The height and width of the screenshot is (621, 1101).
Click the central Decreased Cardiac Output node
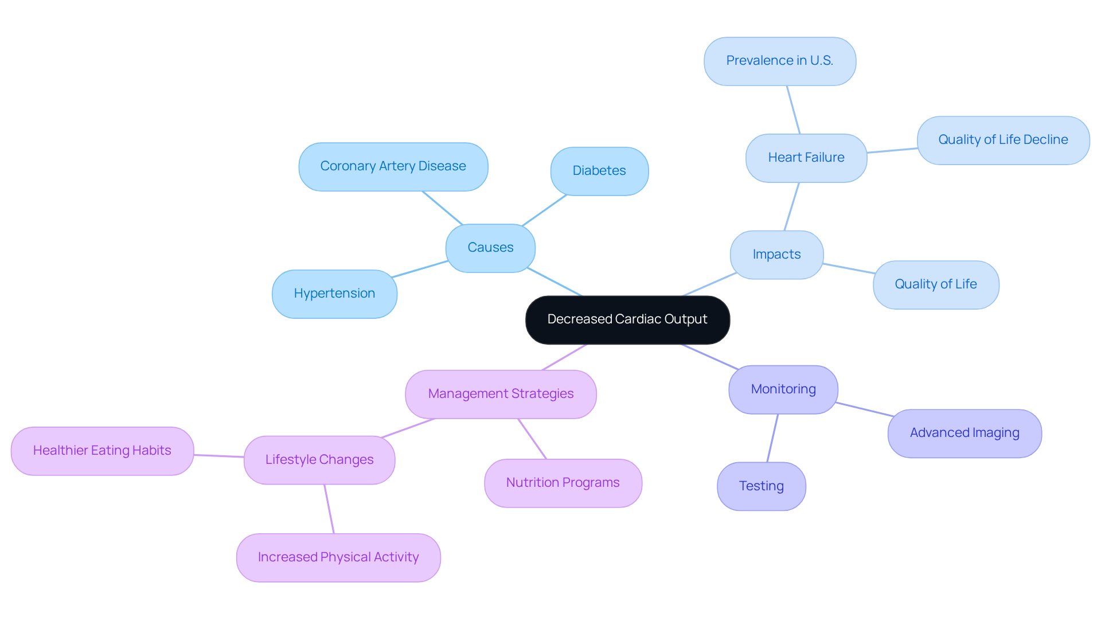click(627, 319)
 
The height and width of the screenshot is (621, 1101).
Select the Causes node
click(490, 248)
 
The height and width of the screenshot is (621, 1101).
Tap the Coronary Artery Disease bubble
click(393, 166)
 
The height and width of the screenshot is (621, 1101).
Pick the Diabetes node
click(599, 171)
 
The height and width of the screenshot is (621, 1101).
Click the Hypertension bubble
click(334, 294)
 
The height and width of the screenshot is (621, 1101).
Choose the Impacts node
click(776, 255)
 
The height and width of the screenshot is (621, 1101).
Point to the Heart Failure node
click(806, 158)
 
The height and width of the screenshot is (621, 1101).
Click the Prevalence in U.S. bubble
click(779, 61)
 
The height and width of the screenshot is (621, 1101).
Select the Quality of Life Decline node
click(1003, 140)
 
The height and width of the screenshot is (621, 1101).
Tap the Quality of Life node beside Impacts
click(935, 284)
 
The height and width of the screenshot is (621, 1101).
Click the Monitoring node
click(783, 389)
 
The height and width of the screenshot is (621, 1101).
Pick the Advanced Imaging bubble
click(964, 433)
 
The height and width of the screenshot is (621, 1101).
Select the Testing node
click(761, 486)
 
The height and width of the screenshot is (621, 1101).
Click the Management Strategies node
click(501, 394)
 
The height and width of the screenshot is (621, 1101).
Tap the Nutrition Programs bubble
click(563, 483)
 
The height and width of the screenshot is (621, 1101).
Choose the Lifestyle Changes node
click(319, 460)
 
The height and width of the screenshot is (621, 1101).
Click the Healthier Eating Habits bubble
click(102, 451)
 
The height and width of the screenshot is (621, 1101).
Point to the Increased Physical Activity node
click(338, 557)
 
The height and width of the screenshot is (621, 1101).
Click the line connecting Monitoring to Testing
click(772, 438)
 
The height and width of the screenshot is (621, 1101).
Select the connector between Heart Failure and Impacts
click(791, 207)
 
